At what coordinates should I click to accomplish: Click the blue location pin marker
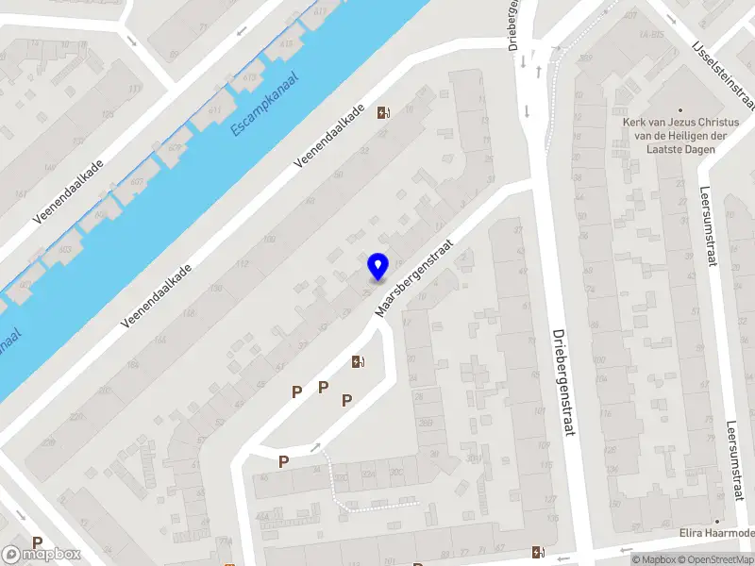(x=377, y=266)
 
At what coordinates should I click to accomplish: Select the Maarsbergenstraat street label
(x=414, y=276)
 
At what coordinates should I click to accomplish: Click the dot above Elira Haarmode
(x=717, y=521)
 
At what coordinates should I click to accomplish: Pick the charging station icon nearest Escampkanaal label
(x=383, y=113)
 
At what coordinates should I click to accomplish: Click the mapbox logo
(x=42, y=555)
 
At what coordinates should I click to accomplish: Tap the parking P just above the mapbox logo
(x=38, y=542)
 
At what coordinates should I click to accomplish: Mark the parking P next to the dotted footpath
(x=283, y=461)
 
